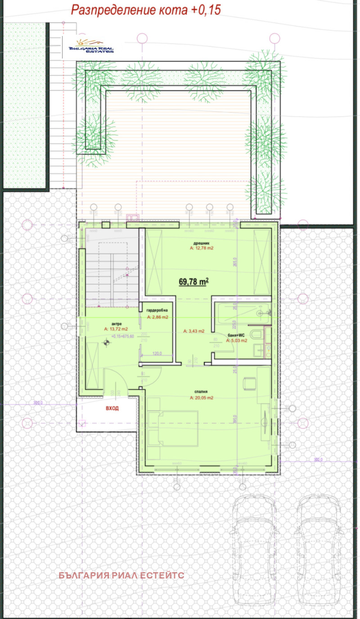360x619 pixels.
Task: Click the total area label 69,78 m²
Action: (193, 282)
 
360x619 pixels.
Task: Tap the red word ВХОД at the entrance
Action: (112, 408)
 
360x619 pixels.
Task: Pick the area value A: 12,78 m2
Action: (201, 248)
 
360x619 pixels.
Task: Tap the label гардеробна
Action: (157, 310)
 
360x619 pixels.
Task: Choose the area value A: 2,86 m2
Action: (157, 317)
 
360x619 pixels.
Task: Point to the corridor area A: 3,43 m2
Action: (194, 331)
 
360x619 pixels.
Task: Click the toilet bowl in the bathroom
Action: (257, 335)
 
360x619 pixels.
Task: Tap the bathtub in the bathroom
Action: (243, 313)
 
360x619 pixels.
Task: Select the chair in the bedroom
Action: (249, 383)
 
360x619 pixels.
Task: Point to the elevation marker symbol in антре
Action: (106, 343)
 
